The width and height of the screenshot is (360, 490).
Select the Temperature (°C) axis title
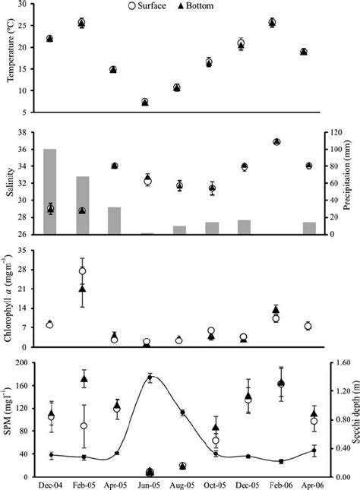[x=9, y=59]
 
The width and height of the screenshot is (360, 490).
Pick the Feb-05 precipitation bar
[x=82, y=205]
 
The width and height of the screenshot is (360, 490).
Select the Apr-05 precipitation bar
[x=113, y=220]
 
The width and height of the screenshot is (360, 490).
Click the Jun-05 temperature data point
[x=145, y=102]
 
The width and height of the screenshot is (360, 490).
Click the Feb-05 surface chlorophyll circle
[x=82, y=270]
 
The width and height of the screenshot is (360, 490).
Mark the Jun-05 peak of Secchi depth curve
[x=150, y=378]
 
